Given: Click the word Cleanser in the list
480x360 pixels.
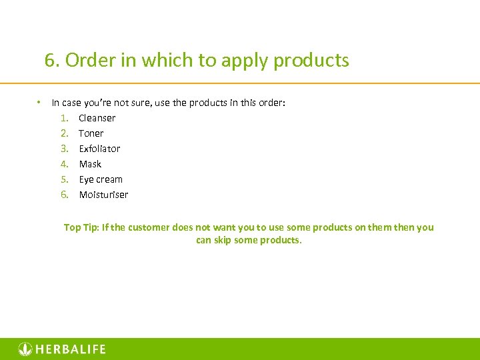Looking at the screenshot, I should (x=97, y=118).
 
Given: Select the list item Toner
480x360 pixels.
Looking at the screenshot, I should (x=91, y=133).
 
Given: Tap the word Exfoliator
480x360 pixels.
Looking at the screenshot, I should (x=99, y=149).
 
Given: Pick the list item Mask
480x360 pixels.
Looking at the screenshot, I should (x=90, y=164).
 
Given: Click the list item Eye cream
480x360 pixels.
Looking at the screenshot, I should (x=101, y=179).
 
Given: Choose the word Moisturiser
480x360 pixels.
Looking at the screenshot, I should (x=103, y=195).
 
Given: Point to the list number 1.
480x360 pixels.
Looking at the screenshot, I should (x=64, y=118).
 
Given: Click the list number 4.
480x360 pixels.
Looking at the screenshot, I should (x=64, y=164).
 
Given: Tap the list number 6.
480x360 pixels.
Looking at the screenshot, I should (x=64, y=195).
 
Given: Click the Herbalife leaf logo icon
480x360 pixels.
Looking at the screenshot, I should (x=25, y=349).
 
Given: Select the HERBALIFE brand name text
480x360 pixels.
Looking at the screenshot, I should (x=71, y=349).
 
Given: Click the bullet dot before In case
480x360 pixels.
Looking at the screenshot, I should (x=40, y=102).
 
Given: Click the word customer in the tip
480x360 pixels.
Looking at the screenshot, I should (x=147, y=227).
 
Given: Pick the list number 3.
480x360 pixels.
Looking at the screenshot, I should (x=64, y=149).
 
